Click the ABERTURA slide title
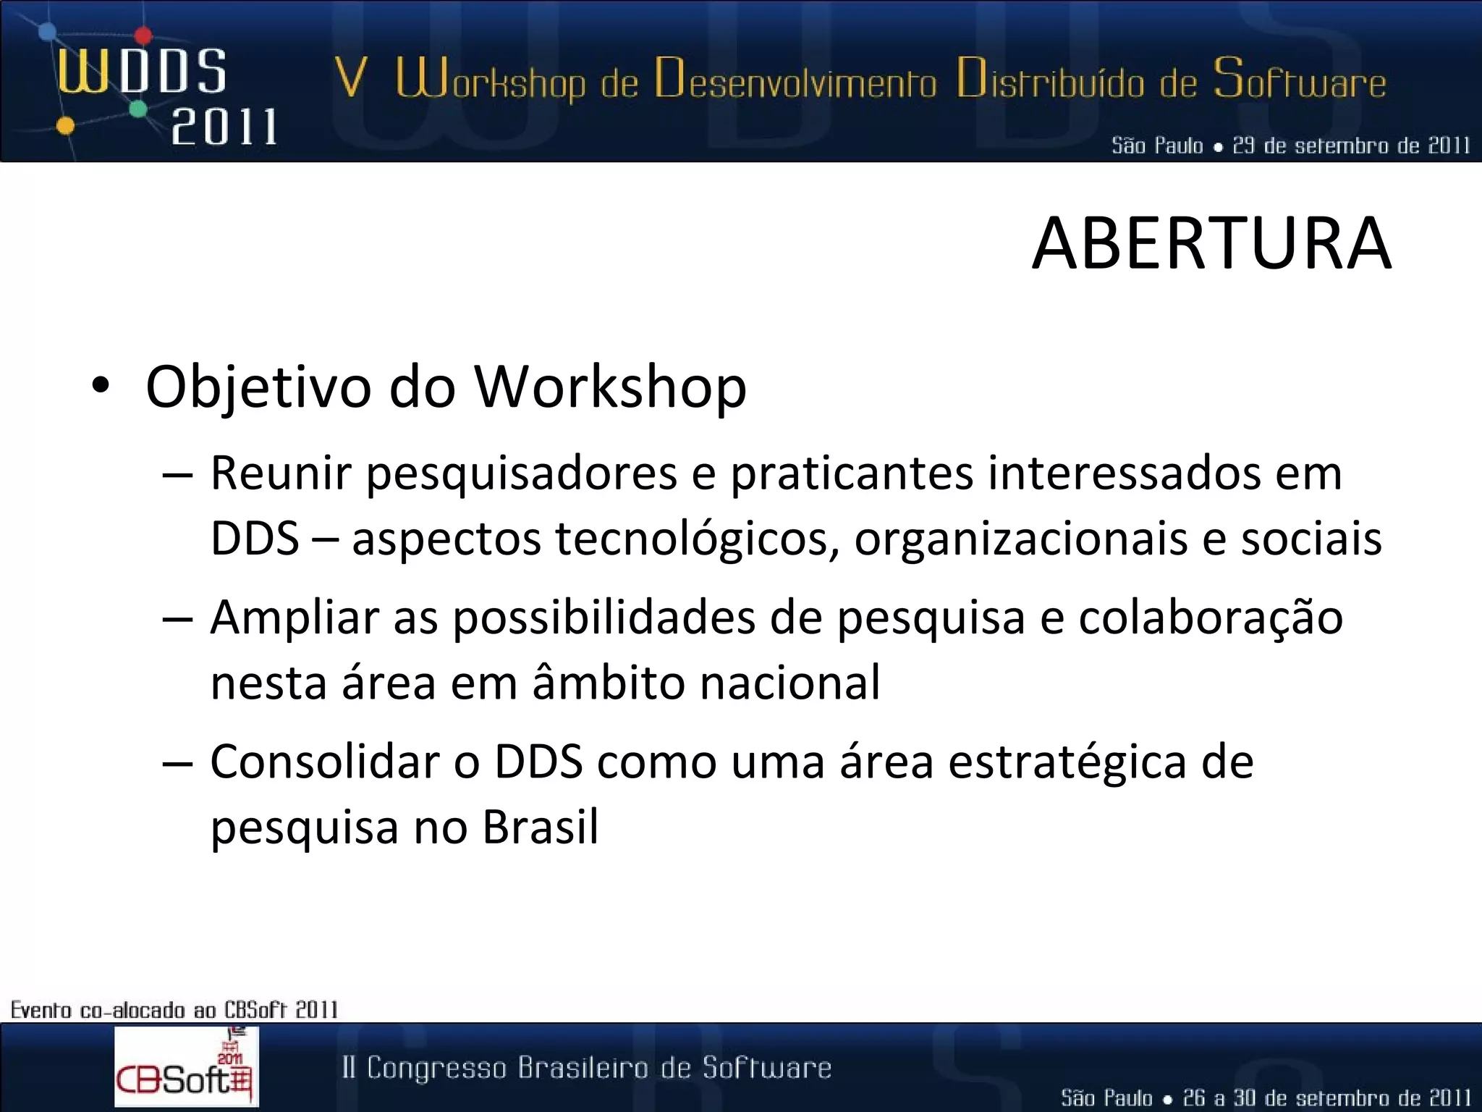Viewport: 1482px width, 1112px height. point(1211,245)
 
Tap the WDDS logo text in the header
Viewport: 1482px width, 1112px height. point(142,72)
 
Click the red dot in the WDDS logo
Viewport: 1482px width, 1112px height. point(143,35)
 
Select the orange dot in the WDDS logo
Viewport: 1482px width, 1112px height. point(65,126)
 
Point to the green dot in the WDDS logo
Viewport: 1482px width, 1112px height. point(138,109)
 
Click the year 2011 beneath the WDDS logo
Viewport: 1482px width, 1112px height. point(224,127)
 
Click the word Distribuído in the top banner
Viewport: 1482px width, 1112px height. point(1050,80)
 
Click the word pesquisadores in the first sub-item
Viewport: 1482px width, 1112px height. point(521,474)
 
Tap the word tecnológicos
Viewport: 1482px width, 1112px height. point(698,540)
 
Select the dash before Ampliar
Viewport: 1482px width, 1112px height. point(177,620)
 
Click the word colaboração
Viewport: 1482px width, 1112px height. point(1210,620)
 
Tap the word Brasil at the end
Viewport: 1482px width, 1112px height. point(540,827)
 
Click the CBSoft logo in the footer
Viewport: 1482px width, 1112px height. point(186,1066)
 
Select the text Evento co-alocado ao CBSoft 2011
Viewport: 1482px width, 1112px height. point(174,1009)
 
